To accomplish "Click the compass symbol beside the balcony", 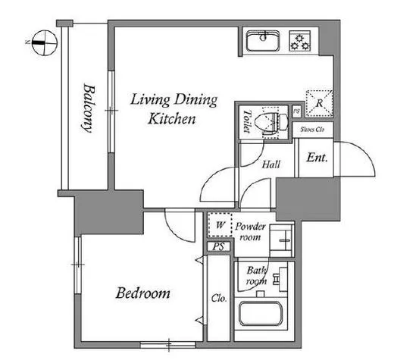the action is point(45,42).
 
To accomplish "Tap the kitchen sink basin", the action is point(263,41).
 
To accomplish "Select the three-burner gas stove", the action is point(300,41).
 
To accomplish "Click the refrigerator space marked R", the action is point(319,103).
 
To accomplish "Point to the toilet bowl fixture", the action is point(271,123).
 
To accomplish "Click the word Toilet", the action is point(247,121).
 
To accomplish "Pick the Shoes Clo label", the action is point(312,130).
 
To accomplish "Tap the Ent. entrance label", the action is point(317,158).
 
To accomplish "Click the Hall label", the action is point(271,164).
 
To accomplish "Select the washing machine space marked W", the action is point(220,225).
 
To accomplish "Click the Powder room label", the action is point(250,232).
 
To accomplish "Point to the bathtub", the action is point(261,314).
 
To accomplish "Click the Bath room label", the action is point(256,276).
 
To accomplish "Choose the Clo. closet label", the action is point(219,299).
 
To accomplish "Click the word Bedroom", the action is point(142,293).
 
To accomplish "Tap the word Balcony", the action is point(89,108).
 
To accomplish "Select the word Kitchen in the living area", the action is point(172,119).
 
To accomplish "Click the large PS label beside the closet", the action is point(219,246).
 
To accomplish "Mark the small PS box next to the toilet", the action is point(297,111).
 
